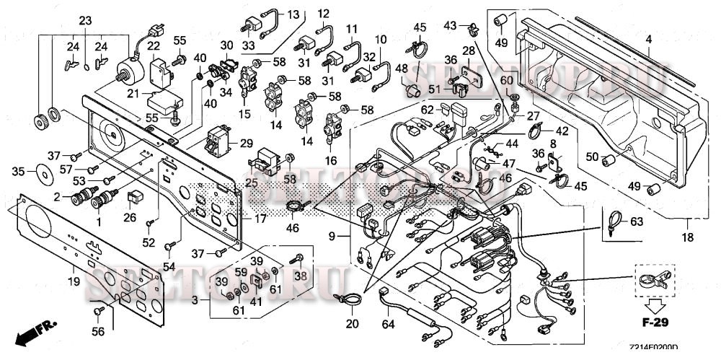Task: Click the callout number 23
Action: point(85,20)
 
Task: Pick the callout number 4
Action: point(648,38)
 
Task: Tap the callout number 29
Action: point(246,144)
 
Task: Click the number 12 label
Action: point(323,13)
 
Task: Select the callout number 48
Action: point(402,69)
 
